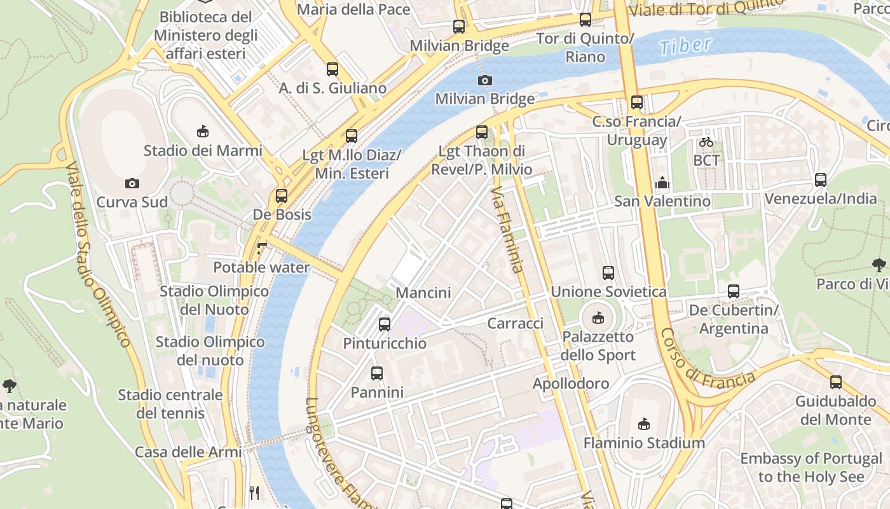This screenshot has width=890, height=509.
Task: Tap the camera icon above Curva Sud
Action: click(132, 183)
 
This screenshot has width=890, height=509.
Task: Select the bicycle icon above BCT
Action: click(706, 142)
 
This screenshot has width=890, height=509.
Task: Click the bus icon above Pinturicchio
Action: click(384, 324)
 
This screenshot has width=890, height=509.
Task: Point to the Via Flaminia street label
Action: click(507, 229)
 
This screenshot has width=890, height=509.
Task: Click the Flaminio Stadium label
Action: click(644, 443)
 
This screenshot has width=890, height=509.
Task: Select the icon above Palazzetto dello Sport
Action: click(598, 317)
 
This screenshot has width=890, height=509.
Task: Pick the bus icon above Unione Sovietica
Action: click(608, 273)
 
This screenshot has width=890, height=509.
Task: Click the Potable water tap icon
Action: click(261, 249)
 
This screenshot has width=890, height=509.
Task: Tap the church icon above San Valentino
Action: click(662, 183)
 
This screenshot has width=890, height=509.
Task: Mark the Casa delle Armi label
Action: click(188, 452)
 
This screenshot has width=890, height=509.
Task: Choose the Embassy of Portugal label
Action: click(811, 467)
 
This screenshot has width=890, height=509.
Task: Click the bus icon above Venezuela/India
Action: click(820, 180)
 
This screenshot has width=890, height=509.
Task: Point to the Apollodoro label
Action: click(570, 384)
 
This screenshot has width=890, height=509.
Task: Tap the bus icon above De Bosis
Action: click(282, 196)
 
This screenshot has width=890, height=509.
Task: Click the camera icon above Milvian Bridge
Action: click(484, 80)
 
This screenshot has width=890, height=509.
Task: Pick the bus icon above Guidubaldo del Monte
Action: click(835, 382)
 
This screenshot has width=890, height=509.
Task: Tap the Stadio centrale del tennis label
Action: click(170, 404)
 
